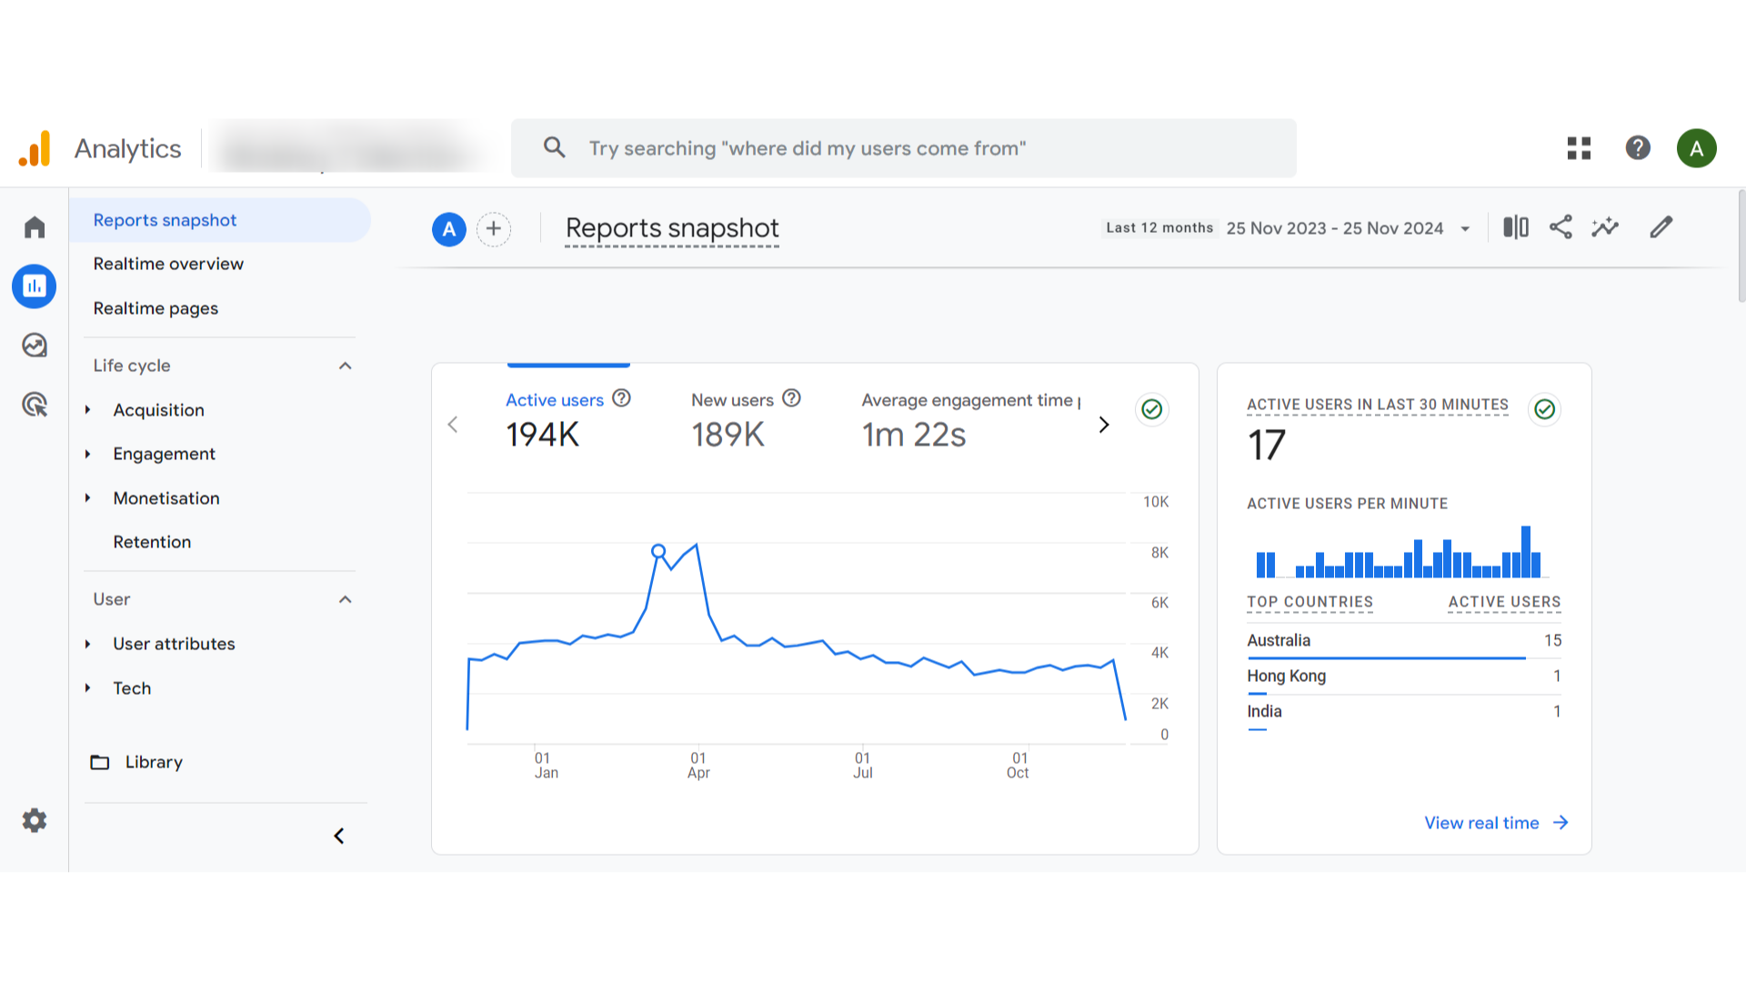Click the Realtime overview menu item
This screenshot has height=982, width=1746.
(168, 264)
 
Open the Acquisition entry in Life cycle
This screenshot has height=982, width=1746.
(158, 410)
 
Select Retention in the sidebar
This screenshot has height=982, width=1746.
(152, 542)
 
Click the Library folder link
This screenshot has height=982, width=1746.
(153, 762)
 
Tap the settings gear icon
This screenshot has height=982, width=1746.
(35, 820)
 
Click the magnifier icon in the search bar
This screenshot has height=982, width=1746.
(554, 147)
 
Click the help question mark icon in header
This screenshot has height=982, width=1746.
(1638, 147)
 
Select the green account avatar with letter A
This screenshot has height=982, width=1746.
(1696, 148)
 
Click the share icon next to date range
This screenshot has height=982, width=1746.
(1560, 227)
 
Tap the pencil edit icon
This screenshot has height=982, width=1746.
(1661, 227)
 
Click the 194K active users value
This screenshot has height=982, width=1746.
(542, 435)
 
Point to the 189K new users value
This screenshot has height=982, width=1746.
(727, 435)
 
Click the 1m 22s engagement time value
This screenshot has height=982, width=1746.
(914, 435)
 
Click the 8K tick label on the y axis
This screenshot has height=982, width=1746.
(1159, 553)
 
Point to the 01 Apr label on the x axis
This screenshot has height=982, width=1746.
(698, 766)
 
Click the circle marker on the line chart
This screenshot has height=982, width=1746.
(658, 551)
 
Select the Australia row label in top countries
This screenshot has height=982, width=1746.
(1279, 640)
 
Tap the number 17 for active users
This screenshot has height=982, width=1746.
(1266, 446)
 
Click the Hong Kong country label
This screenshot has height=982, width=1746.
(1286, 676)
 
